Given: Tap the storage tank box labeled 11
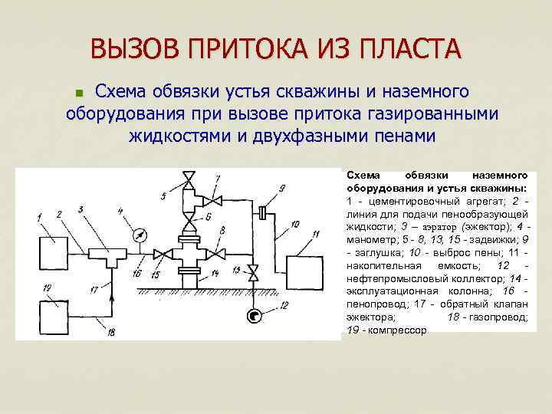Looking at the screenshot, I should tap(307, 270).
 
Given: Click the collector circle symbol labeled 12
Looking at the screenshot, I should tap(255, 315).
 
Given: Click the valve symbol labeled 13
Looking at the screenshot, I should tap(255, 270).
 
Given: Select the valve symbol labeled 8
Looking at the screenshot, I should tap(219, 253).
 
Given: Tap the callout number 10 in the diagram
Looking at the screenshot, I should tap(295, 225).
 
